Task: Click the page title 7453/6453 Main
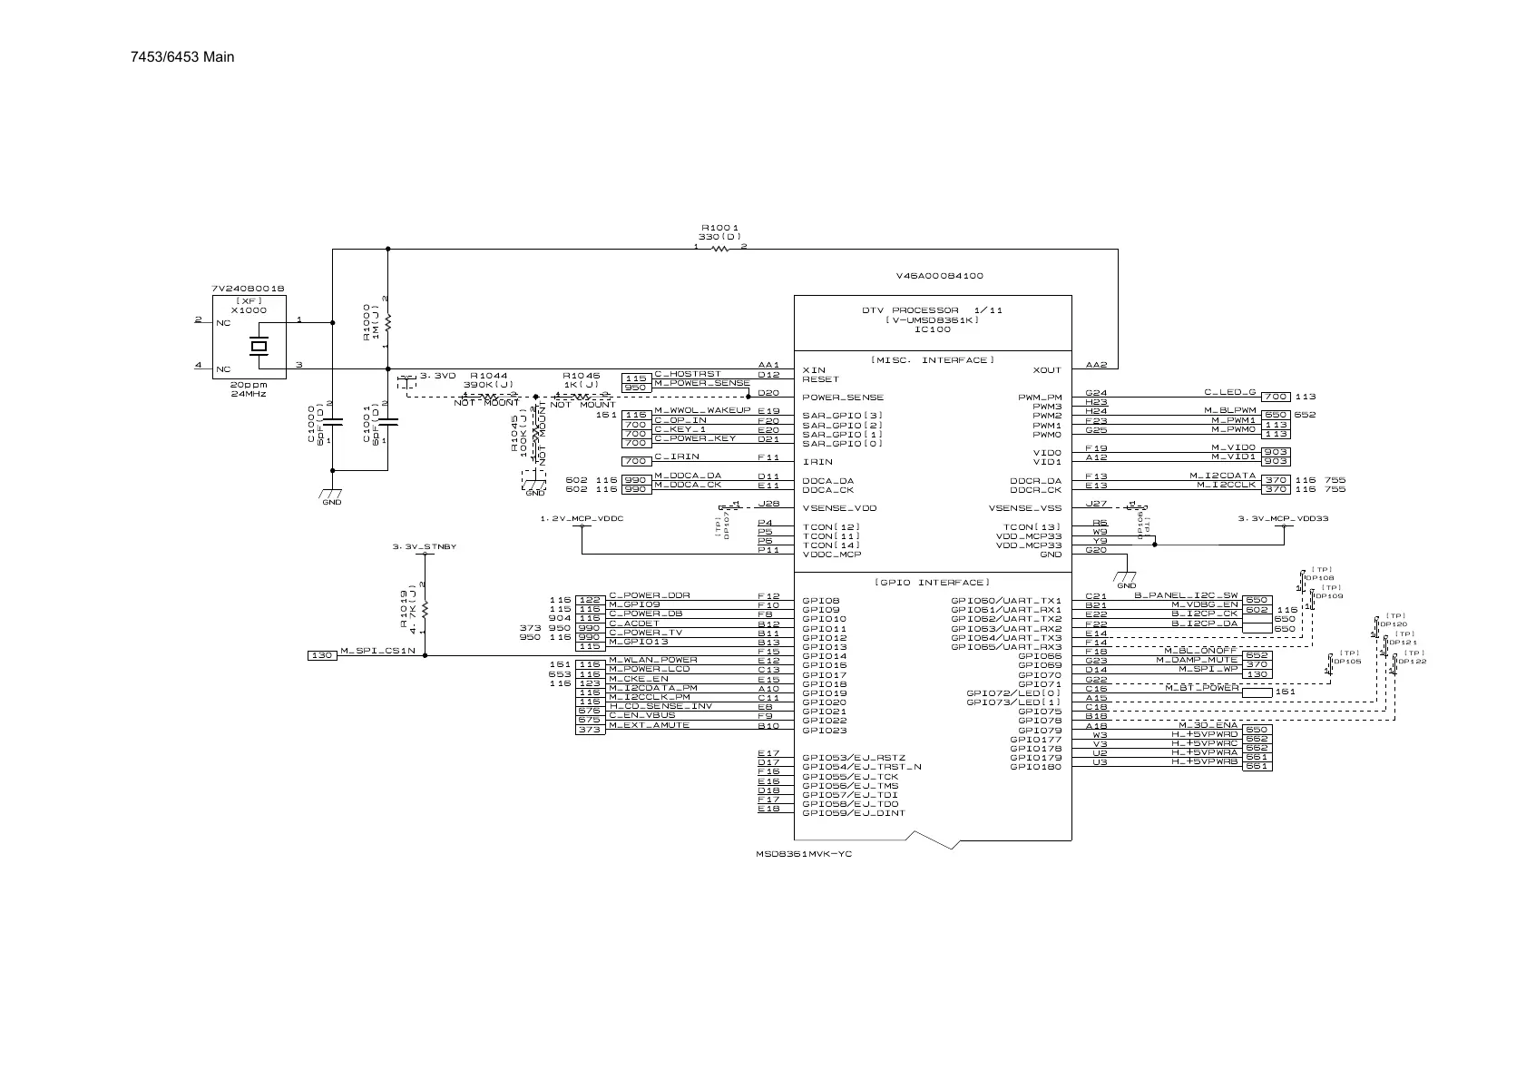tap(182, 57)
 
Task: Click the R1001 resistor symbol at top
tap(720, 249)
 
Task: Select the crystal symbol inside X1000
tap(259, 346)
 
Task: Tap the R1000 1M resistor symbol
tap(387, 322)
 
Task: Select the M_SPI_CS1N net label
tap(377, 651)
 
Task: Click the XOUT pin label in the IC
tap(1046, 370)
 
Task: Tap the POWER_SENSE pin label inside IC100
tap(843, 398)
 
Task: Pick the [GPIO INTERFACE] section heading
tap(933, 582)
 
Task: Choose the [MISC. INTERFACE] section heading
tap(933, 360)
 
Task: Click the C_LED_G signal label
tap(1229, 392)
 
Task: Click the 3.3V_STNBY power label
tap(424, 547)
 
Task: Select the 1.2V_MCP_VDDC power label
tap(582, 518)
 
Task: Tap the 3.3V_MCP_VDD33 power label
tap(1283, 518)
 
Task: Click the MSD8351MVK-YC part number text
tap(804, 854)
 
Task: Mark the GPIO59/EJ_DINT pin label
tap(854, 813)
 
